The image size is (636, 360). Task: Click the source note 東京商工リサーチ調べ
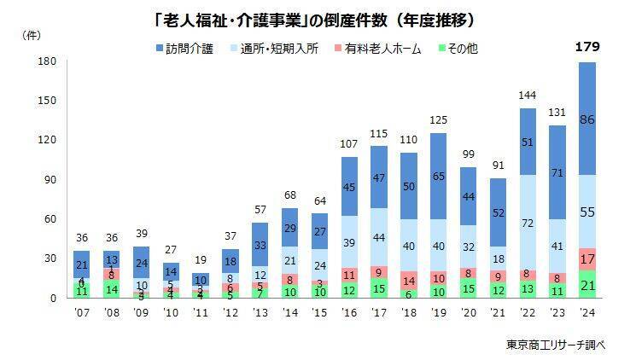(555, 344)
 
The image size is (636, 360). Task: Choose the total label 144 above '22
(527, 95)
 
